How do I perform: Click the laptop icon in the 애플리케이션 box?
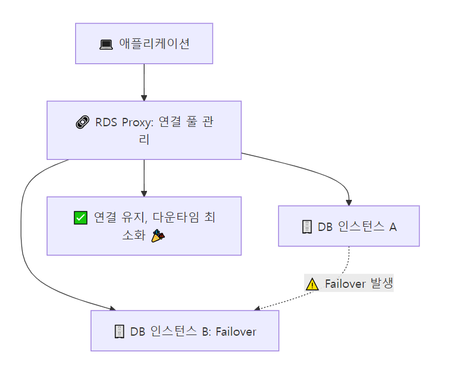tap(106, 44)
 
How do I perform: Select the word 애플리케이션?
tap(154, 44)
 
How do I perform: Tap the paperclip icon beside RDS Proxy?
tap(82, 123)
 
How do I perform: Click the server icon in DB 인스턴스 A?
tap(306, 227)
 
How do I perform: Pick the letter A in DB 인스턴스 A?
tap(393, 227)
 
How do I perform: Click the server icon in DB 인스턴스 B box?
tap(119, 331)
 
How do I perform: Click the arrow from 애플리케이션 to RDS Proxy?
tap(144, 81)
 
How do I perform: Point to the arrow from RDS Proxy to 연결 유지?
tap(144, 177)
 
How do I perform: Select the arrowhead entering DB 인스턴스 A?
tap(349, 202)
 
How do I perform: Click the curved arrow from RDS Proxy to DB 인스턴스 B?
tap(24, 239)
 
